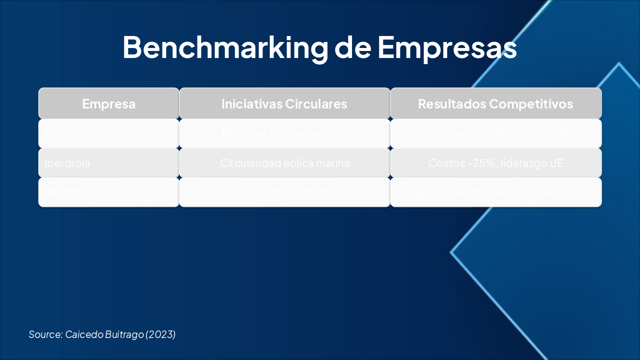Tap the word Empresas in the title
447,47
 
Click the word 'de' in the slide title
352,47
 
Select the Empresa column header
108,104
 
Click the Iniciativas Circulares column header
284,104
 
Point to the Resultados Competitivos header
495,104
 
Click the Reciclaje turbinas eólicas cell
284,134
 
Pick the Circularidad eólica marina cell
284,163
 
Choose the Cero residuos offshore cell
284,192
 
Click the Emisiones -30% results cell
495,134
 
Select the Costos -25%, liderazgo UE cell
495,163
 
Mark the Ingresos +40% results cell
495,192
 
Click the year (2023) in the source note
160,334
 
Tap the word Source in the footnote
45,334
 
